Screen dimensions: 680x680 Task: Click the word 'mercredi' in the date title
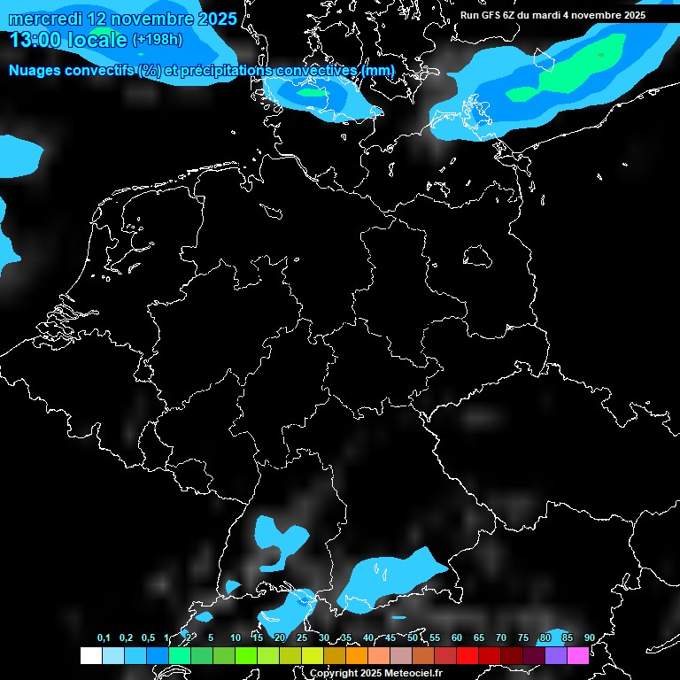coord(43,19)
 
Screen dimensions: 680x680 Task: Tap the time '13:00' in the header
coord(36,40)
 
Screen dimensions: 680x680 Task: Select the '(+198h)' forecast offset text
coord(158,40)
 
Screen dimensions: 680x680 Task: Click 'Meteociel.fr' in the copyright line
coord(412,673)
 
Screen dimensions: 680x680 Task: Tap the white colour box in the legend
coord(90,655)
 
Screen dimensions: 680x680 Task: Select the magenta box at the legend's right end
coord(578,655)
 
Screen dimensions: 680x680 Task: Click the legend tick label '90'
coord(590,637)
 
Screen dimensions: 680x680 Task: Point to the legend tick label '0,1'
coord(104,637)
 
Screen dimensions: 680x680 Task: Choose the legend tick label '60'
coord(457,637)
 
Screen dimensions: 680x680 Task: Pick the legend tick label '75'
coord(523,637)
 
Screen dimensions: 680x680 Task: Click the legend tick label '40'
coord(368,637)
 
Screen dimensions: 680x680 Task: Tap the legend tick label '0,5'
coord(148,637)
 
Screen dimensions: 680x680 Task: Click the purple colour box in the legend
coord(556,655)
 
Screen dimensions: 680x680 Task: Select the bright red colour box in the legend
coord(467,655)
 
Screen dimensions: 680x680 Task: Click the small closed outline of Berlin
coord(478,257)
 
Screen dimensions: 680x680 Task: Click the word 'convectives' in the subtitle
coord(317,70)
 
